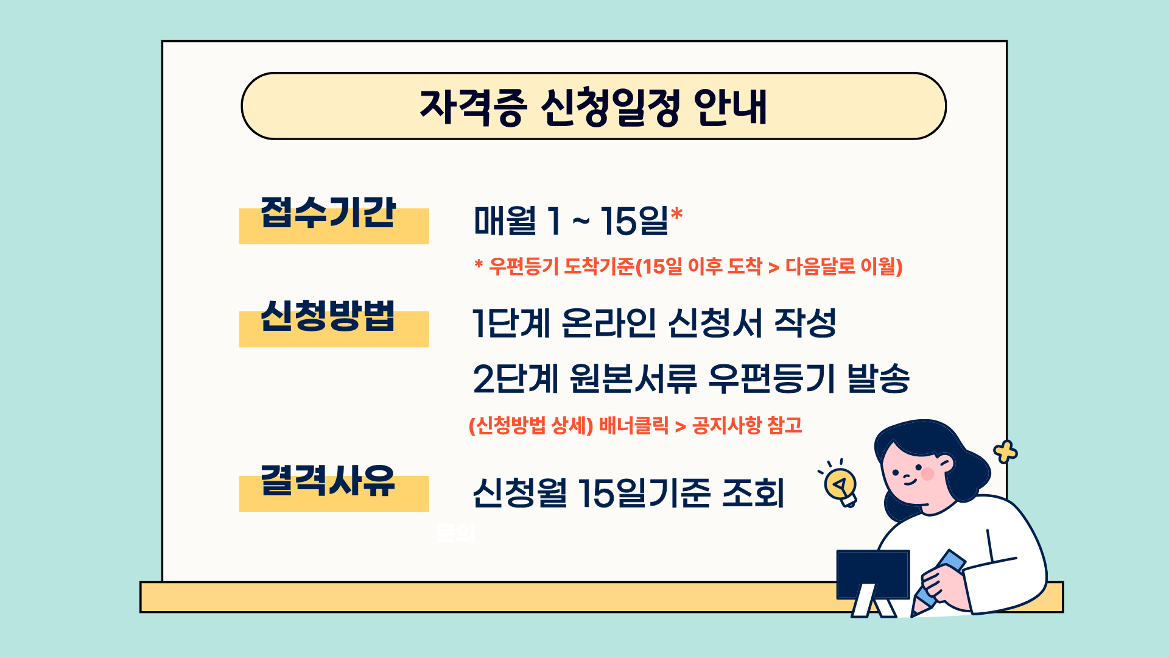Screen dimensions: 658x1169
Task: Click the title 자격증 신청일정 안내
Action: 594,107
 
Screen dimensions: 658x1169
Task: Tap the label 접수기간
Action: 328,213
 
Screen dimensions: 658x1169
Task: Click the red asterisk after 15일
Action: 676,215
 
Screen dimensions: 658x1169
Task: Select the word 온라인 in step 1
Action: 608,323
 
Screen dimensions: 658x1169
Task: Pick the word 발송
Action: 879,378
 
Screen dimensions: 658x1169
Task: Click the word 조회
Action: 753,493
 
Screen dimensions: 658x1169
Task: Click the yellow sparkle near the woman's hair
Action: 1005,452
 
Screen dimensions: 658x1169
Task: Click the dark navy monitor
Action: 872,574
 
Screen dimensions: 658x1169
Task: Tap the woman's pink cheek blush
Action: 927,473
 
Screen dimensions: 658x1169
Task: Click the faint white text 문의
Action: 455,533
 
